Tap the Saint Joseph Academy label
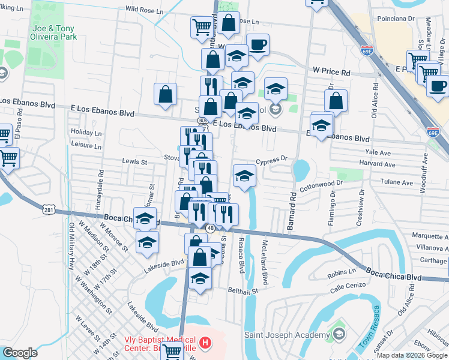287,335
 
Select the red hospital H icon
206,344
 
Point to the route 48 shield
210,228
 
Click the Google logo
20,353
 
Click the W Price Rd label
331,72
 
